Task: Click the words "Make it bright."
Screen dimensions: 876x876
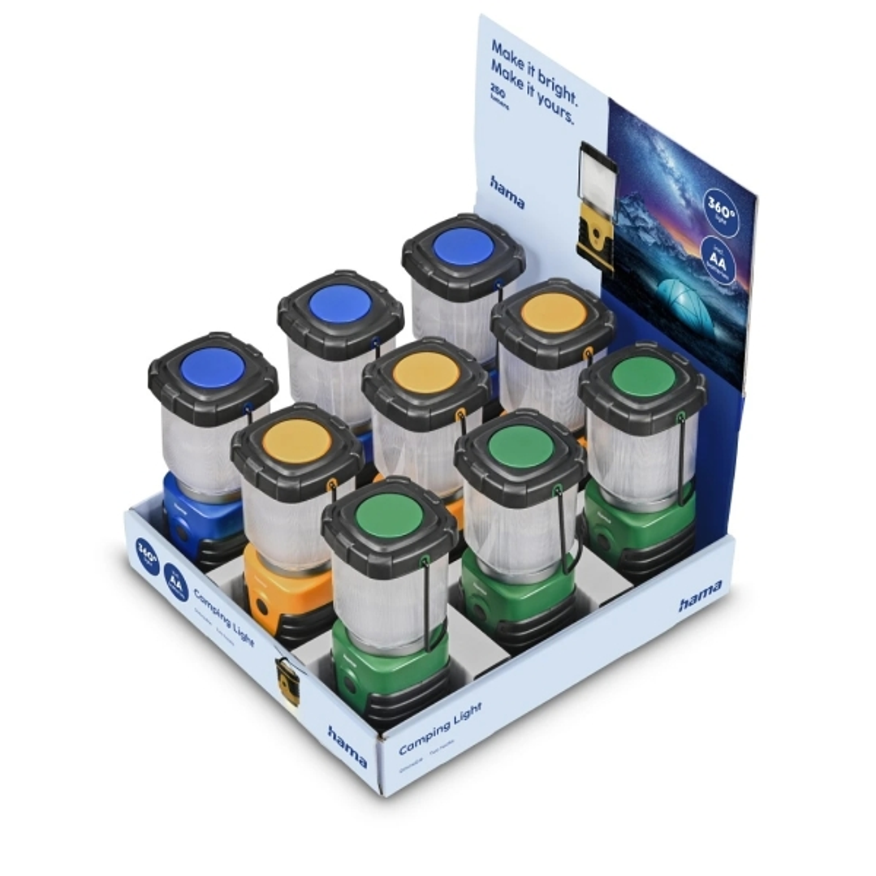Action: (x=534, y=72)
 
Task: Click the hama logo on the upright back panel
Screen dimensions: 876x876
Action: (x=507, y=192)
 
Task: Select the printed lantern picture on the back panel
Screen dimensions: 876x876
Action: (x=598, y=206)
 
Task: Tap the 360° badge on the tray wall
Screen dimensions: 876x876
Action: (x=148, y=556)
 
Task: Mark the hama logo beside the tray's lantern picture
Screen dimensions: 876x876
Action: (x=347, y=745)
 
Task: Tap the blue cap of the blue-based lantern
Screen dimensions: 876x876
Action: (x=213, y=368)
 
